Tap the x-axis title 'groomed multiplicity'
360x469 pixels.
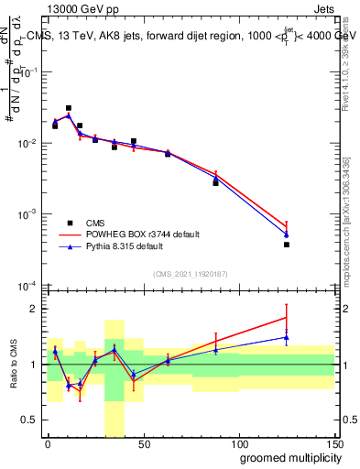286,457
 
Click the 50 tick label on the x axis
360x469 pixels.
143,443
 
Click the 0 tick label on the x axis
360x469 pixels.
48,443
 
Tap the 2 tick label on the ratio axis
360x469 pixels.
35,309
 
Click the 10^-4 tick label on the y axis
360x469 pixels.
27,285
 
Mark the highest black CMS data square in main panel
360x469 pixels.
69,108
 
